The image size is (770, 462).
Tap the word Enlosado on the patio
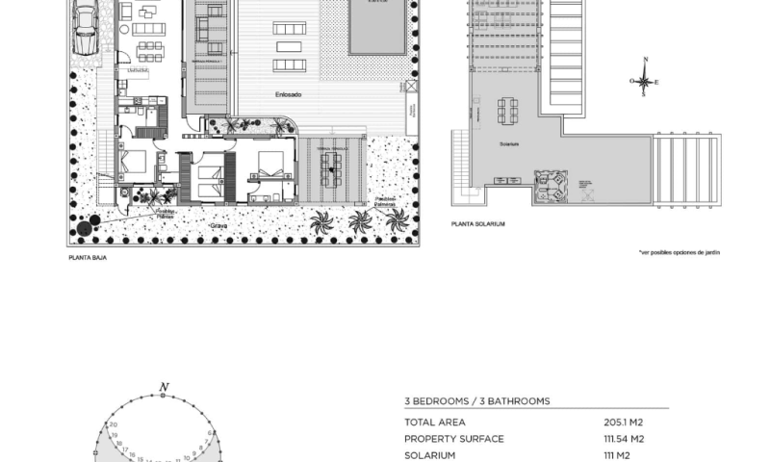[x=286, y=94]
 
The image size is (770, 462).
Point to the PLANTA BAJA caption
[x=87, y=257]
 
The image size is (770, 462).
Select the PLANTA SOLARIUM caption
[x=477, y=224]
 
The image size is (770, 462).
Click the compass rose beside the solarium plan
[x=645, y=81]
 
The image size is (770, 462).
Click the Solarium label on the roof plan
[x=509, y=143]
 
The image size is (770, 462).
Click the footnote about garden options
[x=679, y=252]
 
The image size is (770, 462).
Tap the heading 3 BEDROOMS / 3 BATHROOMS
[x=476, y=400]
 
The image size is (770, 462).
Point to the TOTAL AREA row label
[x=435, y=422]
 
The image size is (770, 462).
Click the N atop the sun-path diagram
[x=165, y=387]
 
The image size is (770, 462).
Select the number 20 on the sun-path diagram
[x=114, y=424]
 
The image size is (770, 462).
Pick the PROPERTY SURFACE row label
[x=454, y=439]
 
